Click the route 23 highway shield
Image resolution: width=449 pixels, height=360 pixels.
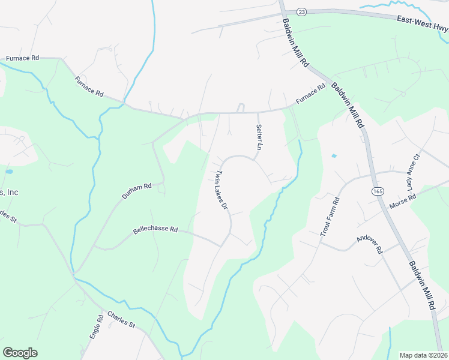coord(301,11)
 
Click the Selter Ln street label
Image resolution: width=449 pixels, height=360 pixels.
coord(259,137)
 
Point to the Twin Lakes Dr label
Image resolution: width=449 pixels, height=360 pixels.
coord(221,190)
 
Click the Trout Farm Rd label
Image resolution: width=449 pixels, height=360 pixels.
coord(330,217)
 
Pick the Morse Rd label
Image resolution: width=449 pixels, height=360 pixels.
coord(402,202)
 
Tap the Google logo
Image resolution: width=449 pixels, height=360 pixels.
coord(20,353)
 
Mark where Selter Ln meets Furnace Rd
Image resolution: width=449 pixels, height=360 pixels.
coord(258,112)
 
